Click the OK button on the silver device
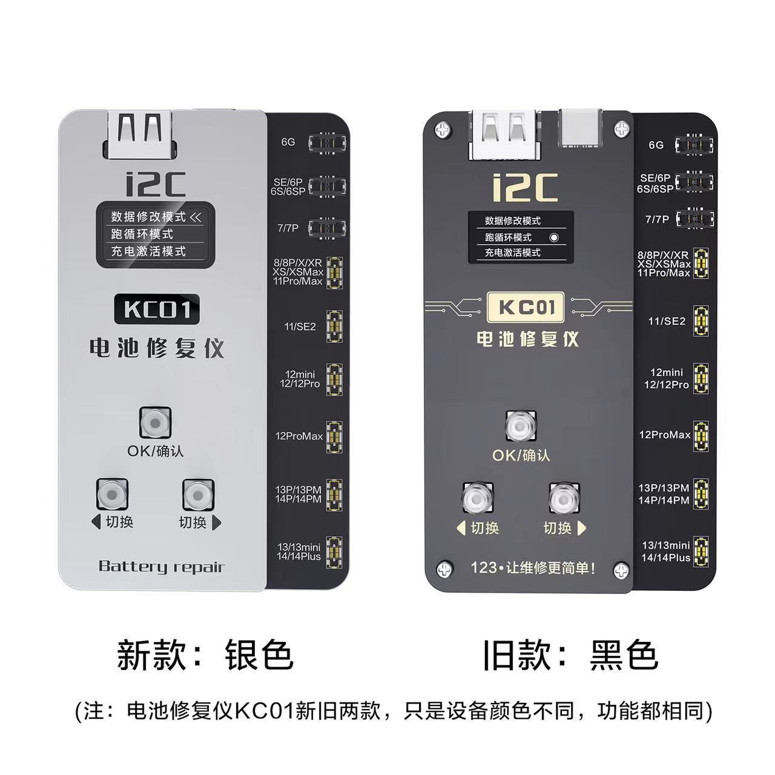(156, 423)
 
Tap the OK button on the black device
(521, 427)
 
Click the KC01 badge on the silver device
(157, 309)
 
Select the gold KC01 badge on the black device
(526, 308)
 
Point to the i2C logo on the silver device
(156, 184)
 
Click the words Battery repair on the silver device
(161, 567)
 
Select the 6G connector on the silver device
(328, 143)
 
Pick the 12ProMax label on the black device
(665, 435)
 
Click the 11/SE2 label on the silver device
(300, 326)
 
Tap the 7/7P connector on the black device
(695, 218)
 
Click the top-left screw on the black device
(444, 129)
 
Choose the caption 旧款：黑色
(570, 655)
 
